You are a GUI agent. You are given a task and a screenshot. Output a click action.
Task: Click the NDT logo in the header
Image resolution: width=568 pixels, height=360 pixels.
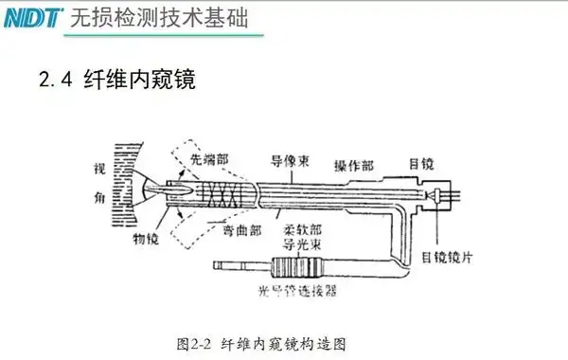click(x=32, y=16)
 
